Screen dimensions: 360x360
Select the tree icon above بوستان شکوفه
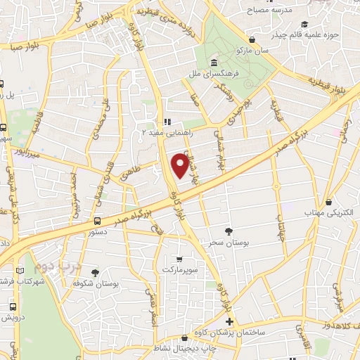pyautogui.click(x=95, y=271)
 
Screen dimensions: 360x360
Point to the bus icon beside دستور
pyautogui.click(x=97, y=220)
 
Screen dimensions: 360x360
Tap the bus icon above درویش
pyautogui.click(x=13, y=307)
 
